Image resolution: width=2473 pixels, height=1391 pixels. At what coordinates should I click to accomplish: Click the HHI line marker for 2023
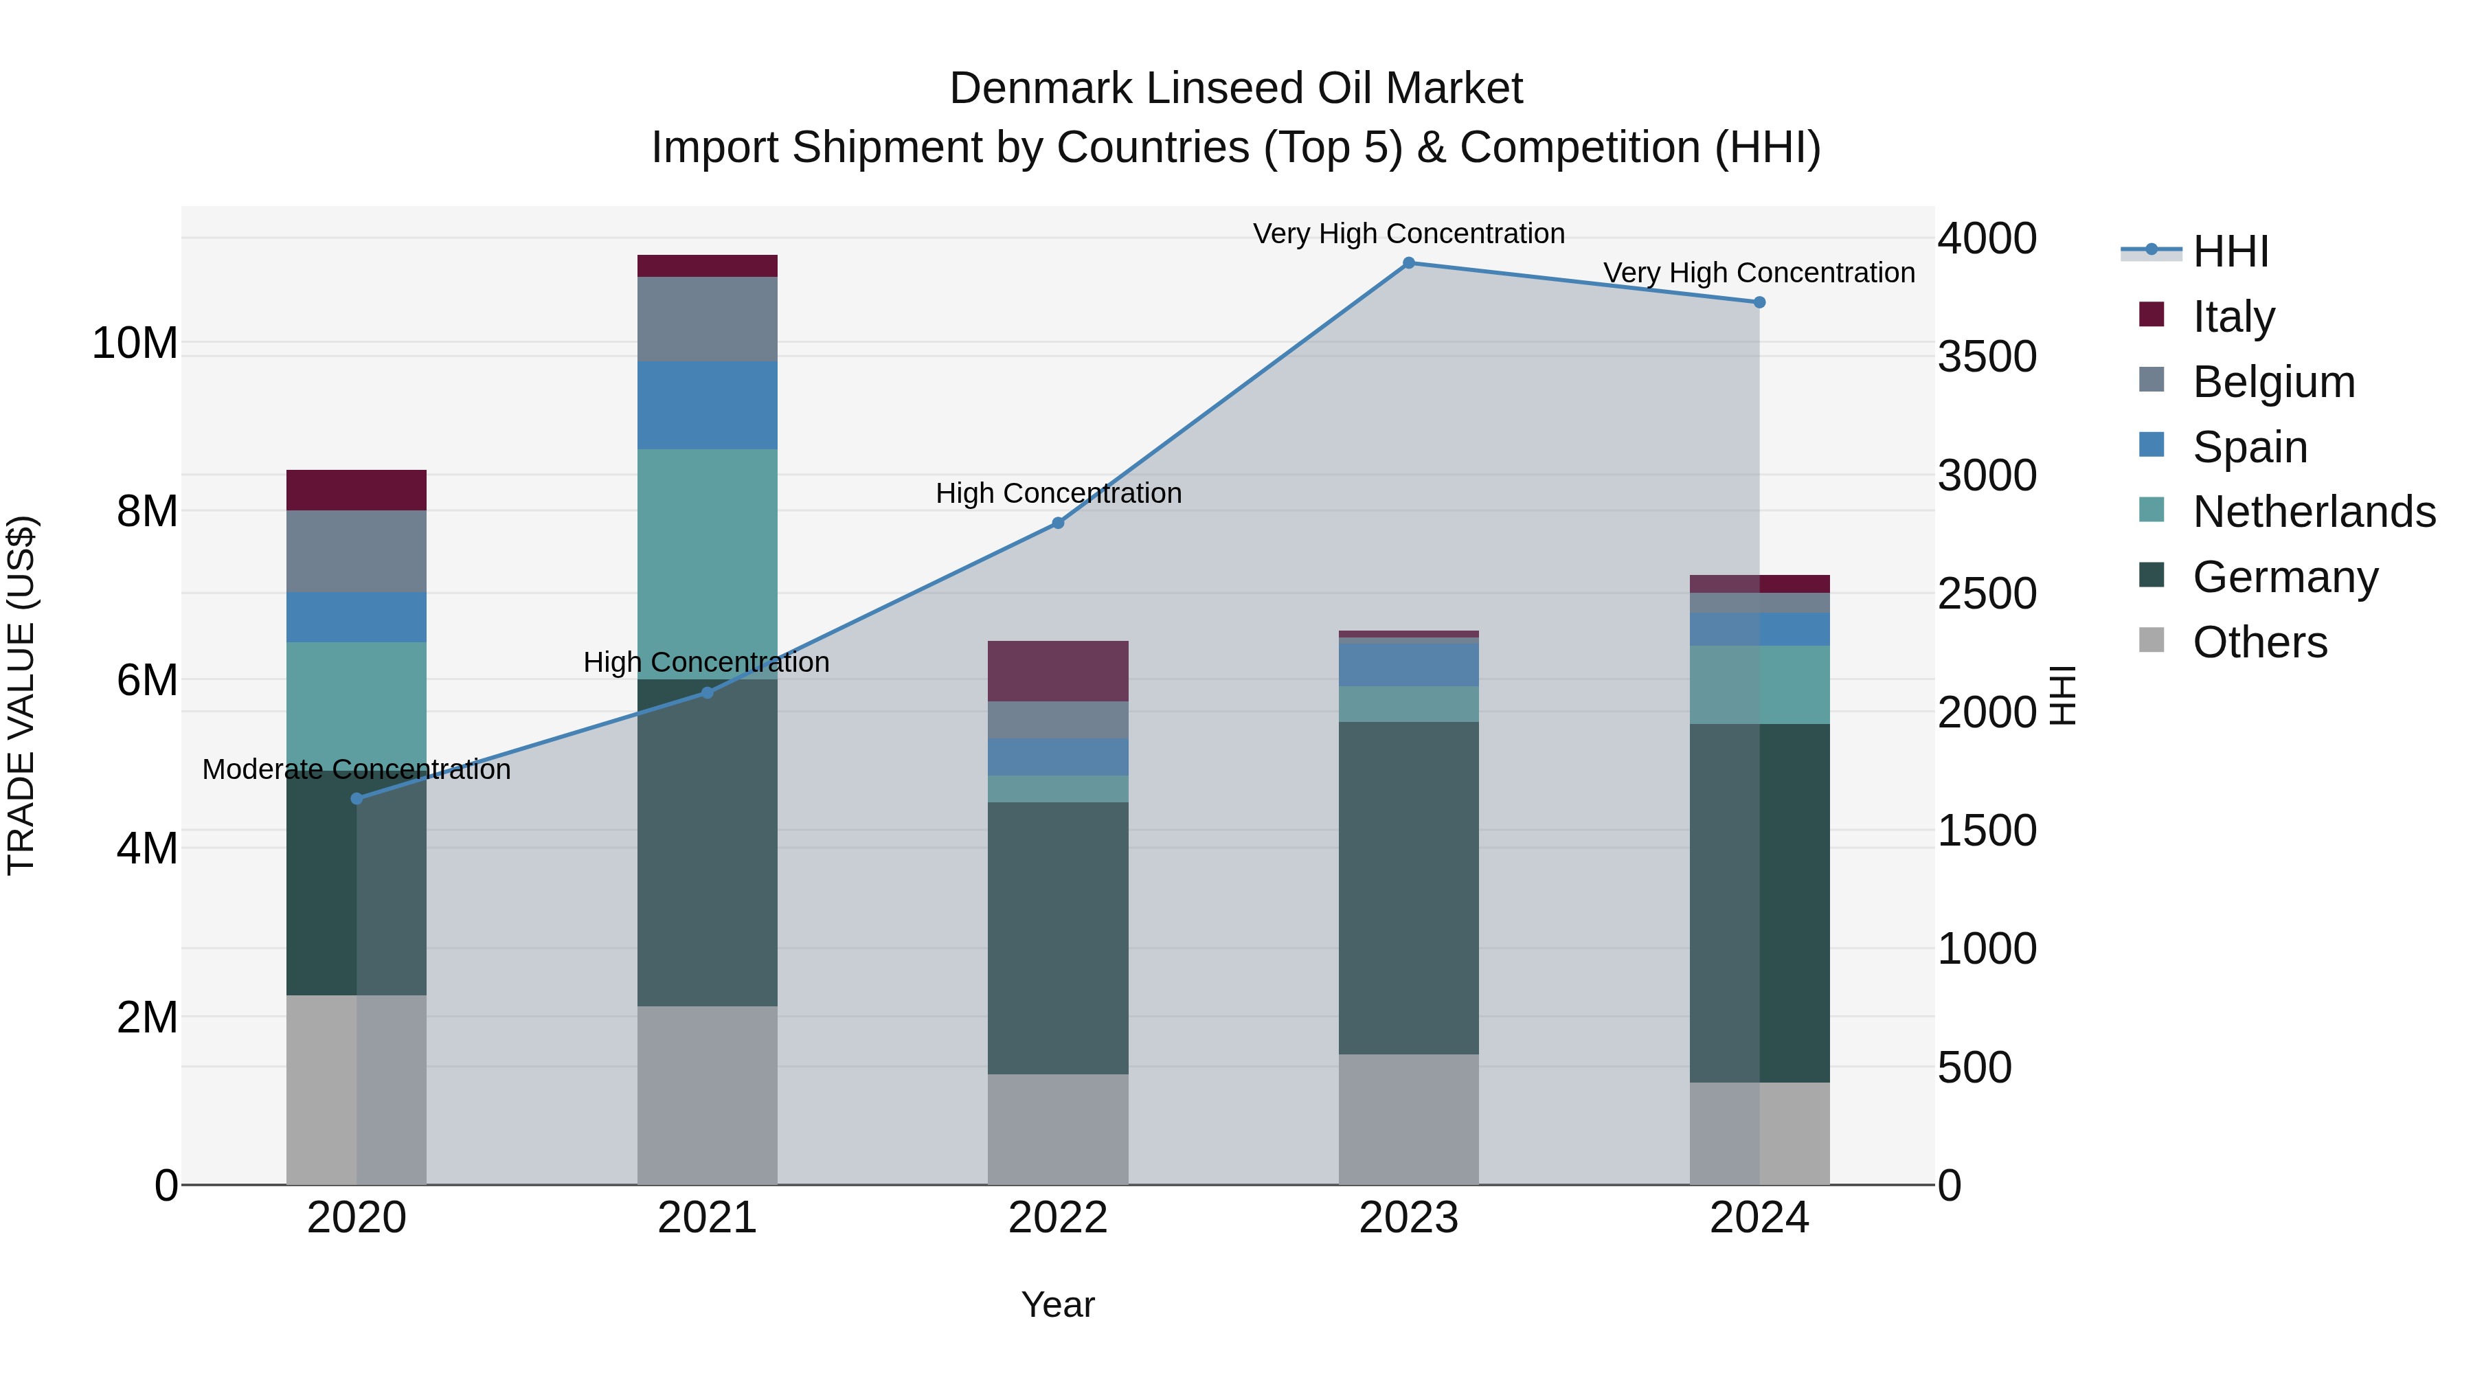[x=1408, y=263]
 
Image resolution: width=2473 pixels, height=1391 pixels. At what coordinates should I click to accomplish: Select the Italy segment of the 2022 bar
[x=1058, y=671]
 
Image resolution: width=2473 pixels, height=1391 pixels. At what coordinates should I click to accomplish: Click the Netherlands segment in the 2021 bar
[x=708, y=563]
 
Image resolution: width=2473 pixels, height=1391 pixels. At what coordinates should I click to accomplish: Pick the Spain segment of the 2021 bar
[x=708, y=405]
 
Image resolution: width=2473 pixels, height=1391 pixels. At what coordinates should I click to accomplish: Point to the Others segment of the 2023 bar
[x=1408, y=1120]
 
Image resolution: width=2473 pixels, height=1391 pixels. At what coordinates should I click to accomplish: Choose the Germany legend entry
[x=2285, y=577]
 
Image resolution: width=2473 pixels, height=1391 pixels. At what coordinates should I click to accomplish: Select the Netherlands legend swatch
[x=2152, y=510]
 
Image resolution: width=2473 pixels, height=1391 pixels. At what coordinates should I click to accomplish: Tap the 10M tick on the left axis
[x=135, y=343]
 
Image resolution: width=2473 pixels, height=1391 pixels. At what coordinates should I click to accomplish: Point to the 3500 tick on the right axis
[x=1986, y=357]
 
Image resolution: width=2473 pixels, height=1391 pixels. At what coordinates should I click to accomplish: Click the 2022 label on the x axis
[x=1058, y=1218]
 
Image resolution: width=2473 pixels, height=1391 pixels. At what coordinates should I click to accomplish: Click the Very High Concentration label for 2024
[x=1759, y=273]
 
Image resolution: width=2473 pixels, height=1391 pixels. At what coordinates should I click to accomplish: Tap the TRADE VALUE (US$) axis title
[x=21, y=695]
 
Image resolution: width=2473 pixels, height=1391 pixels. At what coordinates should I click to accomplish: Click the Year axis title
[x=1058, y=1304]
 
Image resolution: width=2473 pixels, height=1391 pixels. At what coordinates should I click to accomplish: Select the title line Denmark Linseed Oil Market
[x=1236, y=89]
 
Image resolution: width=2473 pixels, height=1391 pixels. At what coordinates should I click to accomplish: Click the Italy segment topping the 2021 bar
[x=708, y=266]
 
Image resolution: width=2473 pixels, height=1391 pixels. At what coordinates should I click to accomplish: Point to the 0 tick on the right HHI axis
[x=1949, y=1186]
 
